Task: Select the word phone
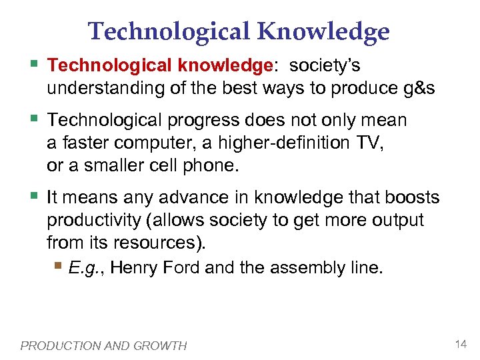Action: pyautogui.click(x=210, y=165)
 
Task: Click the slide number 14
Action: pyautogui.click(x=460, y=344)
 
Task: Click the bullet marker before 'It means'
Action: pyautogui.click(x=35, y=196)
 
